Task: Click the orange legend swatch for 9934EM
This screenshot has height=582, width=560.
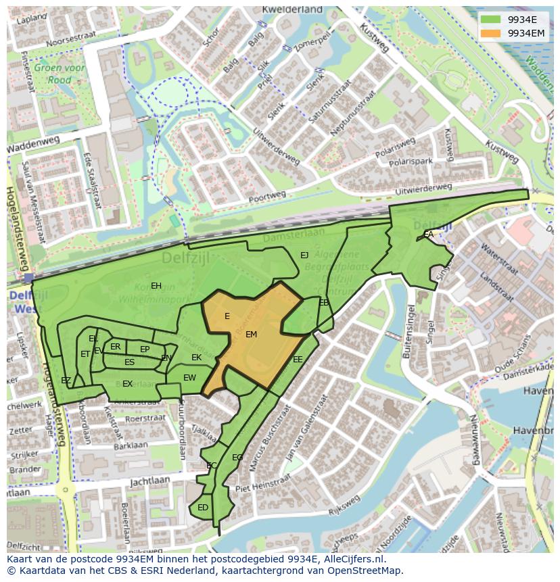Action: (492, 32)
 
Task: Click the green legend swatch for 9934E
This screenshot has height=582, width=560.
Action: (492, 20)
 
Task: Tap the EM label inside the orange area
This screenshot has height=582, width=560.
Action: (251, 335)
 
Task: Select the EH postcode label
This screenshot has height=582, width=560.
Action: (156, 285)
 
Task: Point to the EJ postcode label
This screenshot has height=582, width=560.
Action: (304, 255)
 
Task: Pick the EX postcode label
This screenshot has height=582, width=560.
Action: (127, 384)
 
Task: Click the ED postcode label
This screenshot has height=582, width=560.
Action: (203, 508)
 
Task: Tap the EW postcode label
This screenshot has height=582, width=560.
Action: (189, 378)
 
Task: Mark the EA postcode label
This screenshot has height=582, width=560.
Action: (428, 235)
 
